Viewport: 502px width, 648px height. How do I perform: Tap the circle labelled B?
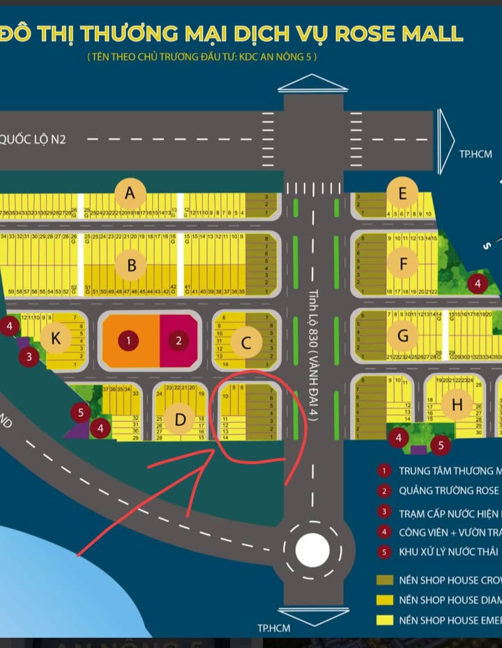[x=132, y=265]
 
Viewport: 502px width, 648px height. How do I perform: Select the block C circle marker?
[x=246, y=342]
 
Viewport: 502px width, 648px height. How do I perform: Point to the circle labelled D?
[x=181, y=419]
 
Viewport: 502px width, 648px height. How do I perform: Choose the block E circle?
[x=403, y=193]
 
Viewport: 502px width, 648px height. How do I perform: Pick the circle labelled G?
[x=403, y=336]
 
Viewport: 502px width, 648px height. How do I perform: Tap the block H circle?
[x=457, y=405]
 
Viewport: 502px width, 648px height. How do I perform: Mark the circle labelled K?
[x=54, y=339]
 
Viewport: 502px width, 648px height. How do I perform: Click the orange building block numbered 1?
[x=129, y=341]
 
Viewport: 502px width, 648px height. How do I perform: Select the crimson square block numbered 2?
[x=179, y=341]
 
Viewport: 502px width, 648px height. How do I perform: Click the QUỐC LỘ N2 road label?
[x=33, y=139]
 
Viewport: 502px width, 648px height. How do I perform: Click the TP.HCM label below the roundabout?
[x=273, y=628]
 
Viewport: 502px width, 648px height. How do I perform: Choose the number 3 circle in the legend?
[x=383, y=514]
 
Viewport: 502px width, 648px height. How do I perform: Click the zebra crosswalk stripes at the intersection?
[x=312, y=187]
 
